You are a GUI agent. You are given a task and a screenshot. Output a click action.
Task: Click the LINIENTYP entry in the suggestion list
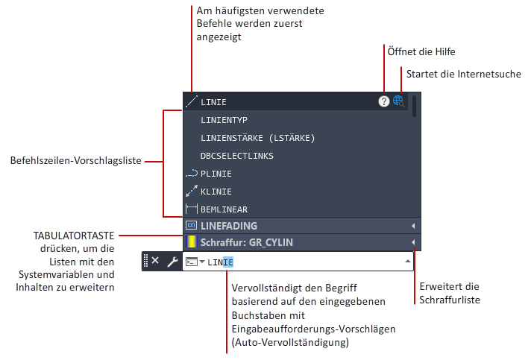point(224,120)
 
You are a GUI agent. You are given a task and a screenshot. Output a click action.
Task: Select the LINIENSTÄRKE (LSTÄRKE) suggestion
point(258,138)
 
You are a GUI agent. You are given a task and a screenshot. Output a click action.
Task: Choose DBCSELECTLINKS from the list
point(236,156)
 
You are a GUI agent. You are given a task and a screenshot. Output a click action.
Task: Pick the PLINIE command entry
point(216,174)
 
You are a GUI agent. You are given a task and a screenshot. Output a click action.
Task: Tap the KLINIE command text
point(216,192)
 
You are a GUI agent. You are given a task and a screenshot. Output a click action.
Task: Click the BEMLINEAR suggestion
point(224,209)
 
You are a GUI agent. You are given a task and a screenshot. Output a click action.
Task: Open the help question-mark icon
point(383,101)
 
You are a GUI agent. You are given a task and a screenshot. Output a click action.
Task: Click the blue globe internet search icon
point(398,101)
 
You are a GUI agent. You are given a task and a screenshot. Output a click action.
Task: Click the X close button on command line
point(155,261)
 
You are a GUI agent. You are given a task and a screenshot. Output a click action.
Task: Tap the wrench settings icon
point(173,262)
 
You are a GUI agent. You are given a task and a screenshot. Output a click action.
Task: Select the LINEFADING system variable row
point(229,226)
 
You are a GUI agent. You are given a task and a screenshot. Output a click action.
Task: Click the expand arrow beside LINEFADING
point(413,226)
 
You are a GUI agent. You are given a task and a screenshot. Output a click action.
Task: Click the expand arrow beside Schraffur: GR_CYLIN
point(413,242)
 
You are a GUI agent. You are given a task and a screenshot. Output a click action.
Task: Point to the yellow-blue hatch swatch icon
point(192,242)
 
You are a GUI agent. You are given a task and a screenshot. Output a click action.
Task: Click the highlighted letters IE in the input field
point(228,262)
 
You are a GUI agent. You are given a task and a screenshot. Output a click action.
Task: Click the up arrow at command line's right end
point(408,261)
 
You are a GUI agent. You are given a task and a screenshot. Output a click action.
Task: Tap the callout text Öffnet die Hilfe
point(421,51)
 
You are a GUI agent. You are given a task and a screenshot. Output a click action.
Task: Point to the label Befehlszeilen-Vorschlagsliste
point(76,160)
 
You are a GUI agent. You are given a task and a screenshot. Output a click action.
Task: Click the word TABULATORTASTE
point(74,236)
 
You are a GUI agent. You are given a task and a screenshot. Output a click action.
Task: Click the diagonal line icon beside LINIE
point(192,101)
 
